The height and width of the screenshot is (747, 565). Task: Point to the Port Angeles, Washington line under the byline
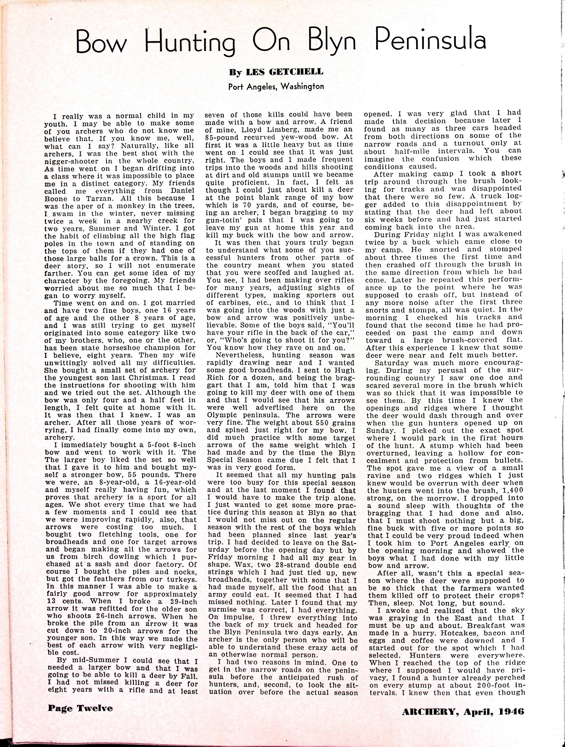click(x=276, y=86)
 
